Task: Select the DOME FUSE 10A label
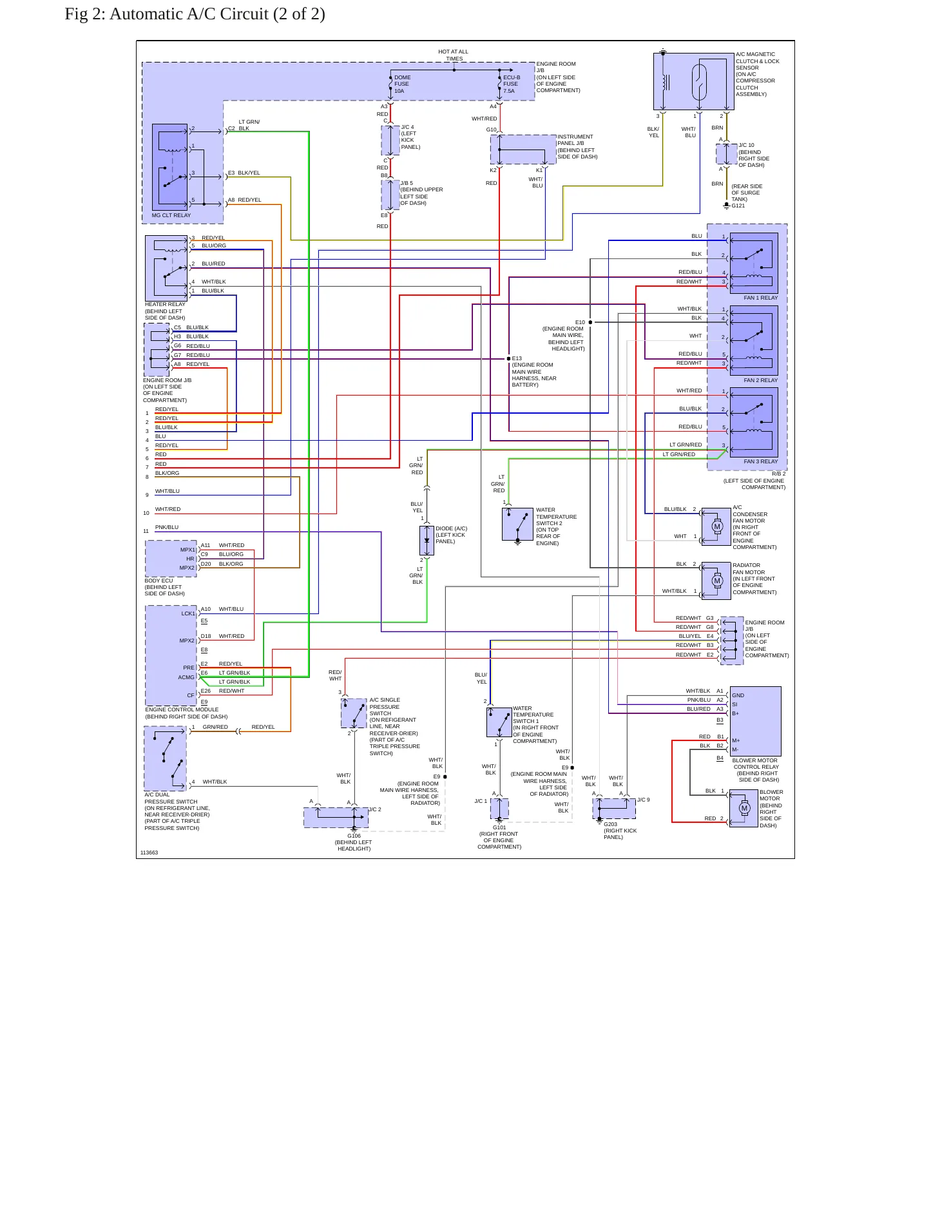402,84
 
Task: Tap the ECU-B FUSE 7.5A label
512,84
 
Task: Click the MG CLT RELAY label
171,216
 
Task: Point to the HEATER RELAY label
165,305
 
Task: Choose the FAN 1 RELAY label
761,298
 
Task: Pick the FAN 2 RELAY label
761,381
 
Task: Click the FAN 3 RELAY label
761,462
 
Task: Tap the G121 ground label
738,206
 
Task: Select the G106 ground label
354,836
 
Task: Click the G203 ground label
611,825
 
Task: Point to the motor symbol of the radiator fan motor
717,581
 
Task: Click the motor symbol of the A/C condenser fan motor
717,526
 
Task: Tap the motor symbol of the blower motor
745,809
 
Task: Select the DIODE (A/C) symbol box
427,541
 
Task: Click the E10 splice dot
590,322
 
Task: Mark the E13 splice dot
508,359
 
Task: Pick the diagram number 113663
149,853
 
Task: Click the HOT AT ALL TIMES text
454,55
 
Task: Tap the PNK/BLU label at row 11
167,528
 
